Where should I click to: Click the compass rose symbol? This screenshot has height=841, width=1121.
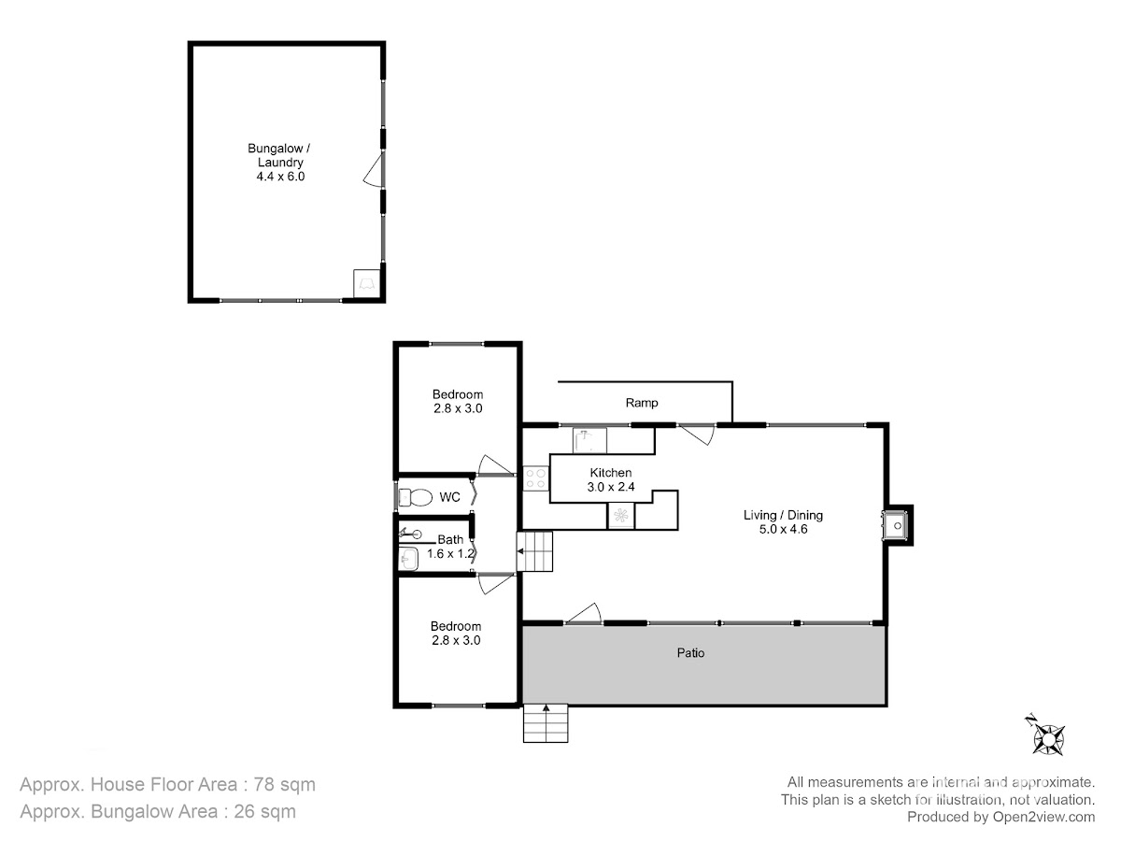(x=1047, y=738)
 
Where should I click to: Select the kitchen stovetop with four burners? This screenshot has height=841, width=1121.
(x=535, y=478)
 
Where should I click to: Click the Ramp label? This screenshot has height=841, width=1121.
(x=642, y=403)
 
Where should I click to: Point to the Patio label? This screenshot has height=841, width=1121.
(x=690, y=653)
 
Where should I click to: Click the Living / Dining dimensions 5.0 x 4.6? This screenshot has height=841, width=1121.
(x=783, y=529)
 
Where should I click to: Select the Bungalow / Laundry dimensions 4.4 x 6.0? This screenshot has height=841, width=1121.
(x=280, y=177)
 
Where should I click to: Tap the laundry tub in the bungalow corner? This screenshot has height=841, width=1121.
(x=367, y=283)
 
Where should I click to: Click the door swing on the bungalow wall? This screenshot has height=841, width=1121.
(x=374, y=168)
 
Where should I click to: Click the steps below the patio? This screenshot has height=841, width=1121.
(x=546, y=723)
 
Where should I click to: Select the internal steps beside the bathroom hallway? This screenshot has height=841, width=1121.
(x=534, y=551)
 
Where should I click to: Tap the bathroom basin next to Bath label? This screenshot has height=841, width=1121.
(x=408, y=559)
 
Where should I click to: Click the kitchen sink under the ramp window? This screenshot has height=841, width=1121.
(x=589, y=441)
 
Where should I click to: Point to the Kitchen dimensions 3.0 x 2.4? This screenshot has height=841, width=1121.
(x=611, y=487)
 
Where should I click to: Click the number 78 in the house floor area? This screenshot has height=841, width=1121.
(x=264, y=784)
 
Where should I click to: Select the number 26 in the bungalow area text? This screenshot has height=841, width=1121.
(x=245, y=811)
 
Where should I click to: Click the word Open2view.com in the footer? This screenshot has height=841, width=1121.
(x=1043, y=817)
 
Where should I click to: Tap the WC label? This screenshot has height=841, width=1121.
(x=449, y=497)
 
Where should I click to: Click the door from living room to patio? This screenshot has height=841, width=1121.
(x=583, y=614)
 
